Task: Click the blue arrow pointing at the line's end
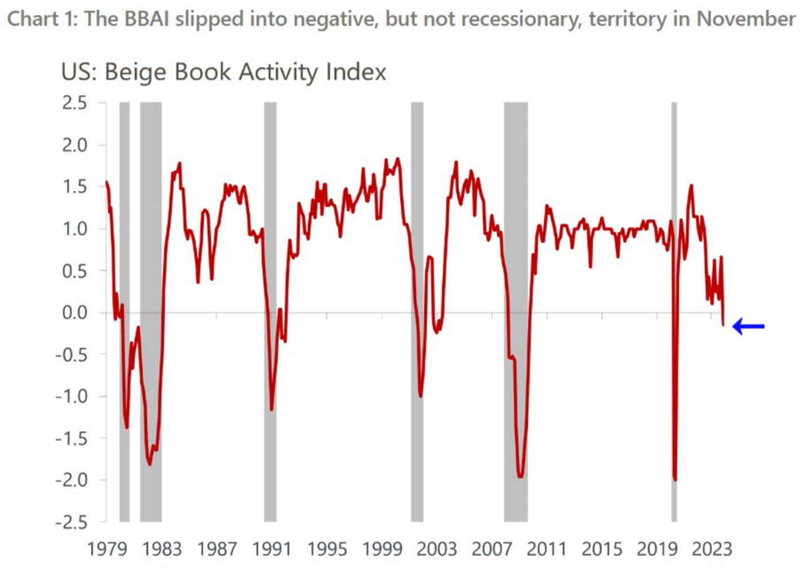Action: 748,326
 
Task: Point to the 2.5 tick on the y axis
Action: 74,103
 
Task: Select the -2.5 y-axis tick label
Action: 71,522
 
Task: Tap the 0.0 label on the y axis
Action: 74,312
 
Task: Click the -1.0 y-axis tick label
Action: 71,397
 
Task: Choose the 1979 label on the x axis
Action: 107,549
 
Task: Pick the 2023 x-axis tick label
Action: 712,549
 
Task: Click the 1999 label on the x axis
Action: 382,549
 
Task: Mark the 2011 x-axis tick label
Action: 547,549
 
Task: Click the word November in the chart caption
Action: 746,19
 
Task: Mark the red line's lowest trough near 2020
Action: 675,479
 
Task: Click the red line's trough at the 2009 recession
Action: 520,477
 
